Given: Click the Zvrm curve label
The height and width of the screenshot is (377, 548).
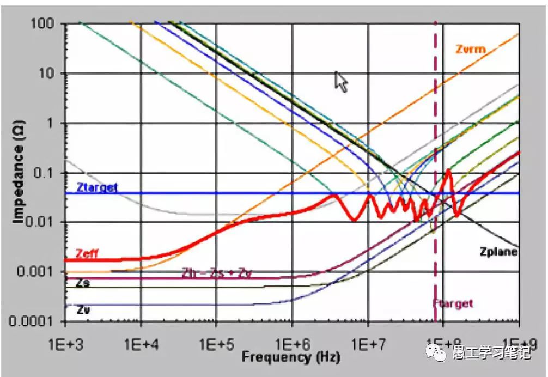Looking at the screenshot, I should [470, 50].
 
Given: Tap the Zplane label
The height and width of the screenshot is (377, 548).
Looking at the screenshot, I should [498, 252].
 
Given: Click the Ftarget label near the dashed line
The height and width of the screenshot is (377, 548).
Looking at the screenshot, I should [453, 303].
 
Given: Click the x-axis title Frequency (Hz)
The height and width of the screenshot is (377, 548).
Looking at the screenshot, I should [291, 358].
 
